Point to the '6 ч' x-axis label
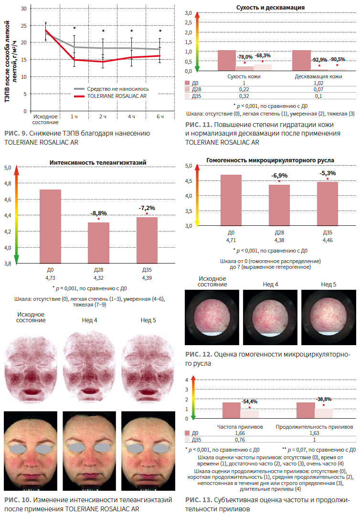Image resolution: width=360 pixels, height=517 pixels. click(160, 116)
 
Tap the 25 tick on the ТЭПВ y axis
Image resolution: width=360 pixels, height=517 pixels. click(24, 25)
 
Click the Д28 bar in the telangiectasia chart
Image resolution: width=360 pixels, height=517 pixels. click(98, 243)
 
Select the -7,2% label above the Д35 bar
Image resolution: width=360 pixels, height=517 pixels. click(147, 208)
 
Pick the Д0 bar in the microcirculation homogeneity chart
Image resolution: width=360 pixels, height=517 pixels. click(231, 200)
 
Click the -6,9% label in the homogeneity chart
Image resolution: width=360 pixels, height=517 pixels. click(279, 176)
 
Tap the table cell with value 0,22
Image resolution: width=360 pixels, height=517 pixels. click(244, 89)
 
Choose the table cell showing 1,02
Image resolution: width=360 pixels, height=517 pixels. click(318, 83)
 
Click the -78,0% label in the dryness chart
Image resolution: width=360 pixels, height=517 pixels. click(244, 57)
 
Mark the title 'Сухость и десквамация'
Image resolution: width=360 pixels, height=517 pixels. click(270, 8)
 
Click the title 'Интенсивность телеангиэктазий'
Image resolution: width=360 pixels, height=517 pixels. click(98, 163)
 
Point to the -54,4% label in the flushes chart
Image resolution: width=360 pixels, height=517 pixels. click(250, 401)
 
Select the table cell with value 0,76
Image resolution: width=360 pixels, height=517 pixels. click(240, 440)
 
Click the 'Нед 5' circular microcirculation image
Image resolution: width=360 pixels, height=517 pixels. click(328, 317)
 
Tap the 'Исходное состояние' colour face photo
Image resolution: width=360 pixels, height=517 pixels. click(31, 451)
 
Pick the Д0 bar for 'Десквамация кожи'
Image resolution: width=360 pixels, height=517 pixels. click(301, 61)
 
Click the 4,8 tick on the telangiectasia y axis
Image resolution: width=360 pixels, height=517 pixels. click(8, 183)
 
